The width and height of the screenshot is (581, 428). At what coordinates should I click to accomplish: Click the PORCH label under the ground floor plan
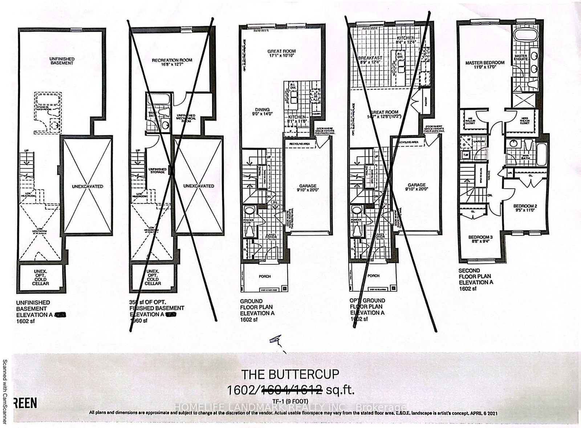click(x=265, y=276)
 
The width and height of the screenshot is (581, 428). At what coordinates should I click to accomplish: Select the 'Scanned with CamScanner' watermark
click(x=5, y=391)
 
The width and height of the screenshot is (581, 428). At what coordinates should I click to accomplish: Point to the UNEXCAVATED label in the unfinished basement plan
click(x=87, y=186)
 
